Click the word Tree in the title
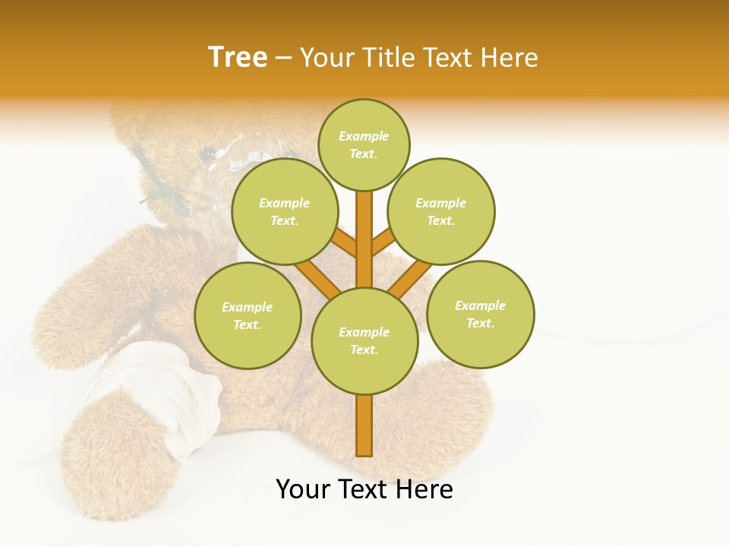click(238, 58)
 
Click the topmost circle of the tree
click(364, 144)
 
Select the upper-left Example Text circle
click(284, 211)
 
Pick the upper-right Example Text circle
click(440, 211)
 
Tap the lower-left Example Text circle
click(248, 315)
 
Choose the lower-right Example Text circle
click(480, 314)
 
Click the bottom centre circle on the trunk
click(364, 340)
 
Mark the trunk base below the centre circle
click(364, 425)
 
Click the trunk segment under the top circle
click(364, 228)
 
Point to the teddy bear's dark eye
click(207, 154)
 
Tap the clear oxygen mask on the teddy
click(235, 152)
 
